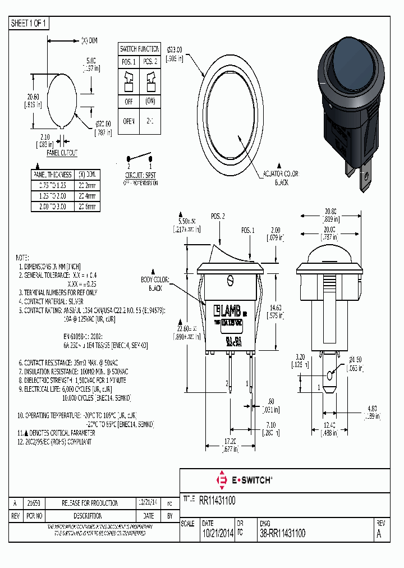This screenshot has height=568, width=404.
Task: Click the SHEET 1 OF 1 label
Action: (x=29, y=24)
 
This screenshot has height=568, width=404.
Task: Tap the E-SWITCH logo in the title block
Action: (x=244, y=480)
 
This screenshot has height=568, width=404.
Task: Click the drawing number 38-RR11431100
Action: (x=283, y=534)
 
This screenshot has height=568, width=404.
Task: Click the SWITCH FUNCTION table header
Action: (x=139, y=49)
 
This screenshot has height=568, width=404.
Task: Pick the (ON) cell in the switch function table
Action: (x=149, y=102)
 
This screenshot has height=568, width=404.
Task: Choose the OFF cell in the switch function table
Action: (x=128, y=102)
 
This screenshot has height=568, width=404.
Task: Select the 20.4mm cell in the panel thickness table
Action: (x=88, y=197)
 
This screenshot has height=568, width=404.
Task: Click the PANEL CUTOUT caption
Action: (x=62, y=153)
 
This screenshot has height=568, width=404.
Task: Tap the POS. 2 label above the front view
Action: (x=218, y=216)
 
